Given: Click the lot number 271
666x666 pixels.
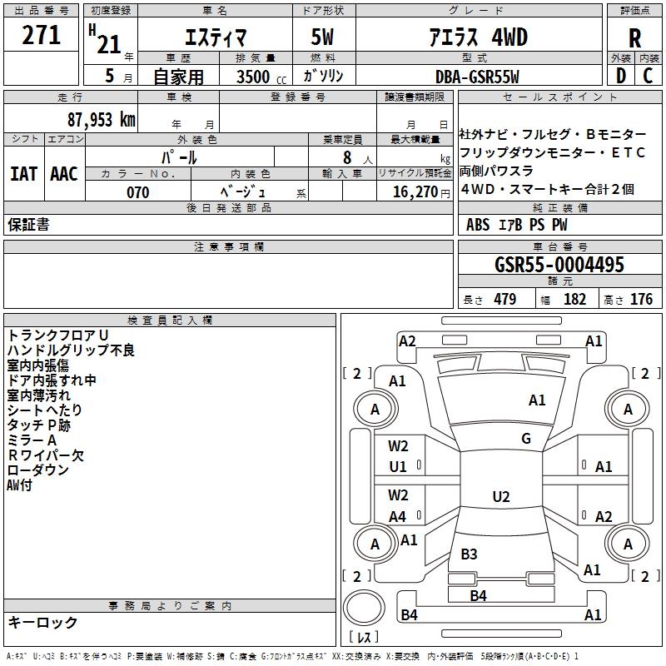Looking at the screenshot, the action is point(41,35).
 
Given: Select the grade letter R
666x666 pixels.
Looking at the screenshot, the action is point(634,37).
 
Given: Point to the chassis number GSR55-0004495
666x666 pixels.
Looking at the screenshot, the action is point(559,265).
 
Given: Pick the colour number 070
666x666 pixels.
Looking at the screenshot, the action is point(137,192).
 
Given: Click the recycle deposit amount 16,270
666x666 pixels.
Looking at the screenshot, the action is point(412,192).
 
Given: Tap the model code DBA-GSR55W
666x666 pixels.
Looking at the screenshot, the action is point(477,76).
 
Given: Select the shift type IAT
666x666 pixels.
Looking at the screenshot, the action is point(24,173).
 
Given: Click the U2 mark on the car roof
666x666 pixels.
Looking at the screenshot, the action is point(501,497).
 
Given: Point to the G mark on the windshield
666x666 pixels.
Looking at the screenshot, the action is point(526,439).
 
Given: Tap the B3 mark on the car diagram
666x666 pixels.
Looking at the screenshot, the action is point(470,554).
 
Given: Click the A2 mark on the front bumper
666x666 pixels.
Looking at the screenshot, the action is point(407,340).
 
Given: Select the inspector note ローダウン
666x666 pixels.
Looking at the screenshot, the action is point(38,470).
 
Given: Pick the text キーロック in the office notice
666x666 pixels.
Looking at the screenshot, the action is point(42,622).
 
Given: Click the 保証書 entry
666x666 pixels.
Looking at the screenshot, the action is point(28,224).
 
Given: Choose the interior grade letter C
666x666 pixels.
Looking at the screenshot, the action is point(648,76).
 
